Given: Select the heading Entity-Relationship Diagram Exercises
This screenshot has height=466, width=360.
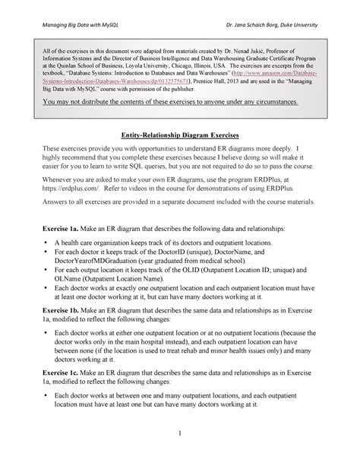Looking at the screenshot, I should pos(179,134).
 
